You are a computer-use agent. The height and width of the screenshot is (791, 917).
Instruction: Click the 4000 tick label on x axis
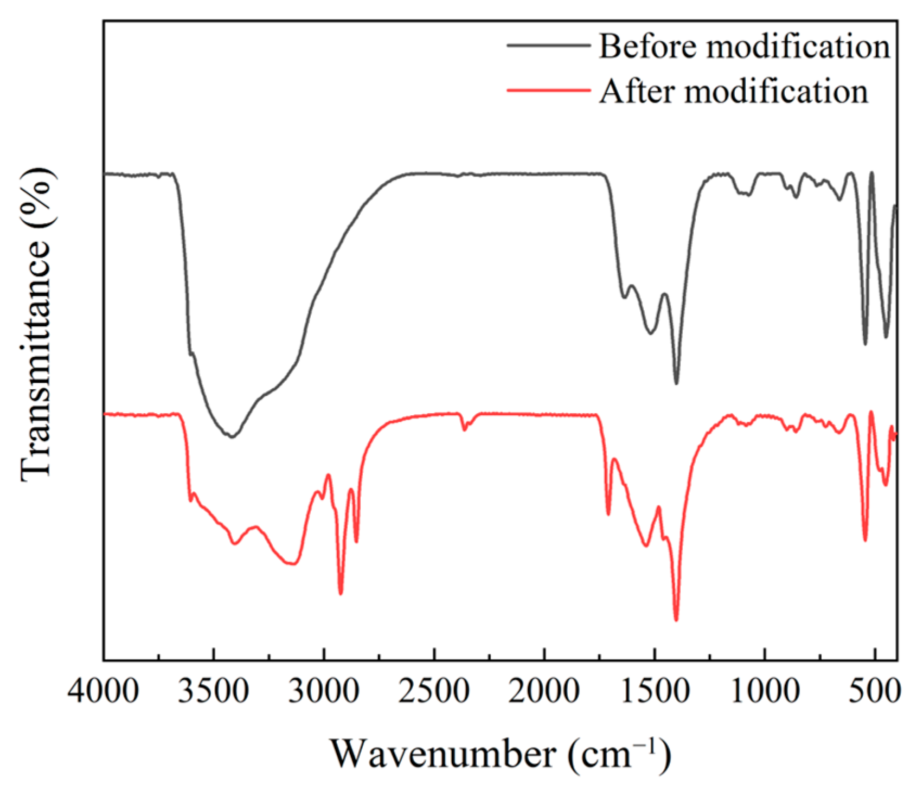coord(103,692)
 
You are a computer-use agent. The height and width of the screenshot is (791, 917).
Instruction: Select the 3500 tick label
coord(214,692)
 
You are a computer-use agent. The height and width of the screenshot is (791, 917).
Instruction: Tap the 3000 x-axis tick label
coord(324,692)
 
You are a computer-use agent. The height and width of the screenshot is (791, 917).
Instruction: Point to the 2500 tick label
coord(434,692)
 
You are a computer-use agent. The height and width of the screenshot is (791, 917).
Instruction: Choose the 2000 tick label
coord(544,692)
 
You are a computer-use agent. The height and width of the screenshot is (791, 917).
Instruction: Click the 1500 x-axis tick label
coord(655,692)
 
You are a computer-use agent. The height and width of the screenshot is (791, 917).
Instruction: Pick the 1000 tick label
coord(765,692)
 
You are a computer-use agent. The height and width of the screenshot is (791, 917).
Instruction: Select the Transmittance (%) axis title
coord(37,324)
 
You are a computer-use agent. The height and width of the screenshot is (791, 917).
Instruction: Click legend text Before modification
coord(744,47)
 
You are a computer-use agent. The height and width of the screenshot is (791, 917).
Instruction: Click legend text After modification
coord(733,91)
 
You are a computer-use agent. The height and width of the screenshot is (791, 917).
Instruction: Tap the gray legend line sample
coord(548,46)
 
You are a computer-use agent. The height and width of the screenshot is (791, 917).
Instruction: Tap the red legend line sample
coord(548,90)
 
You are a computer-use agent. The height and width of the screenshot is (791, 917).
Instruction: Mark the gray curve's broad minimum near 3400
coord(232,436)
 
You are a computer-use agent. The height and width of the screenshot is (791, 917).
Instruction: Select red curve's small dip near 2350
coord(464,430)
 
